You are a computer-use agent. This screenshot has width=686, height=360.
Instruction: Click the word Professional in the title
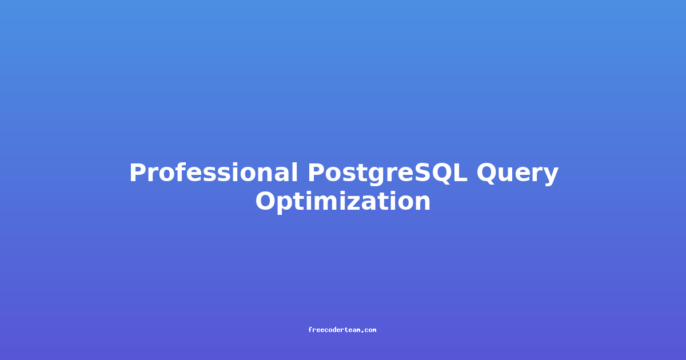(213, 173)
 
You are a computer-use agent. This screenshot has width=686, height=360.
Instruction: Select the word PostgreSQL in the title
(388, 174)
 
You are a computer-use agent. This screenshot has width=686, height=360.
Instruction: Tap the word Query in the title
(517, 174)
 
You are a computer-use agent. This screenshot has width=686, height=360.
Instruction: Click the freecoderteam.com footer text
(342, 330)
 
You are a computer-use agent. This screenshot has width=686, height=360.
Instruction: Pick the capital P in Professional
(138, 173)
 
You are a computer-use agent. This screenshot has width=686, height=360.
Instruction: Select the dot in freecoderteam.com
(362, 331)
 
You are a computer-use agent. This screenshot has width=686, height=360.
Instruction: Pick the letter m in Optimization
(328, 203)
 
